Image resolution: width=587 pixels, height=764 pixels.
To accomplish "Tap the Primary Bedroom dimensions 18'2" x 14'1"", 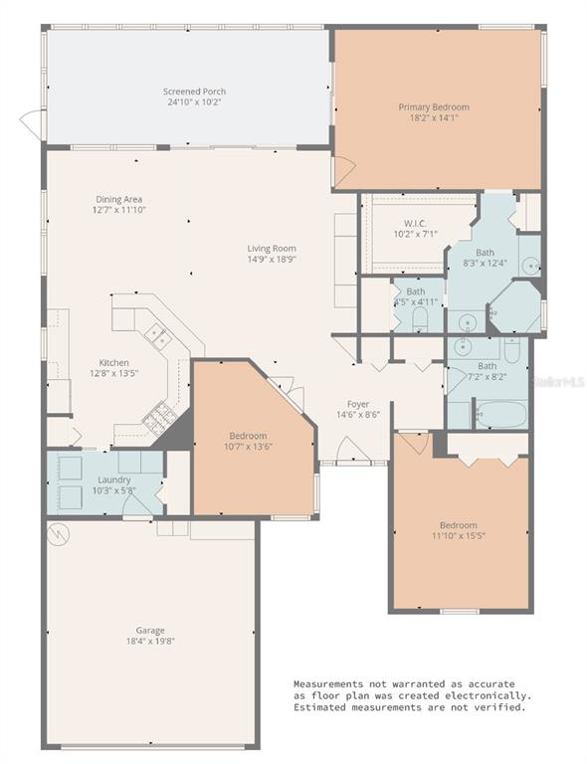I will point(434,118).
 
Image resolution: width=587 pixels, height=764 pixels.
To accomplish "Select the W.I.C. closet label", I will point(415,223).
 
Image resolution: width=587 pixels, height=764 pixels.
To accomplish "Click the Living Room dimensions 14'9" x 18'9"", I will point(272,260).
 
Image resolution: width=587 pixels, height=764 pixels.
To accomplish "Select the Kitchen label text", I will point(112,363).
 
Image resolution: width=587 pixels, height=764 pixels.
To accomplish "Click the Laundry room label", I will point(113,479).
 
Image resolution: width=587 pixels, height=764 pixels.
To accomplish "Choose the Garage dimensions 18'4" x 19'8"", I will point(150,641).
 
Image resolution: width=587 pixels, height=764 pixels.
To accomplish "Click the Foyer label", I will point(358,404).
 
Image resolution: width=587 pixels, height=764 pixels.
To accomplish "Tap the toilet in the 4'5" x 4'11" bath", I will point(419,319).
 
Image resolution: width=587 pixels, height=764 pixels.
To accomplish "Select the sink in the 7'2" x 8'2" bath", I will point(462,348).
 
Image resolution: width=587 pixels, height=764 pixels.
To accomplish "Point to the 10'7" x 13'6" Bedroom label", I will point(248,437).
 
